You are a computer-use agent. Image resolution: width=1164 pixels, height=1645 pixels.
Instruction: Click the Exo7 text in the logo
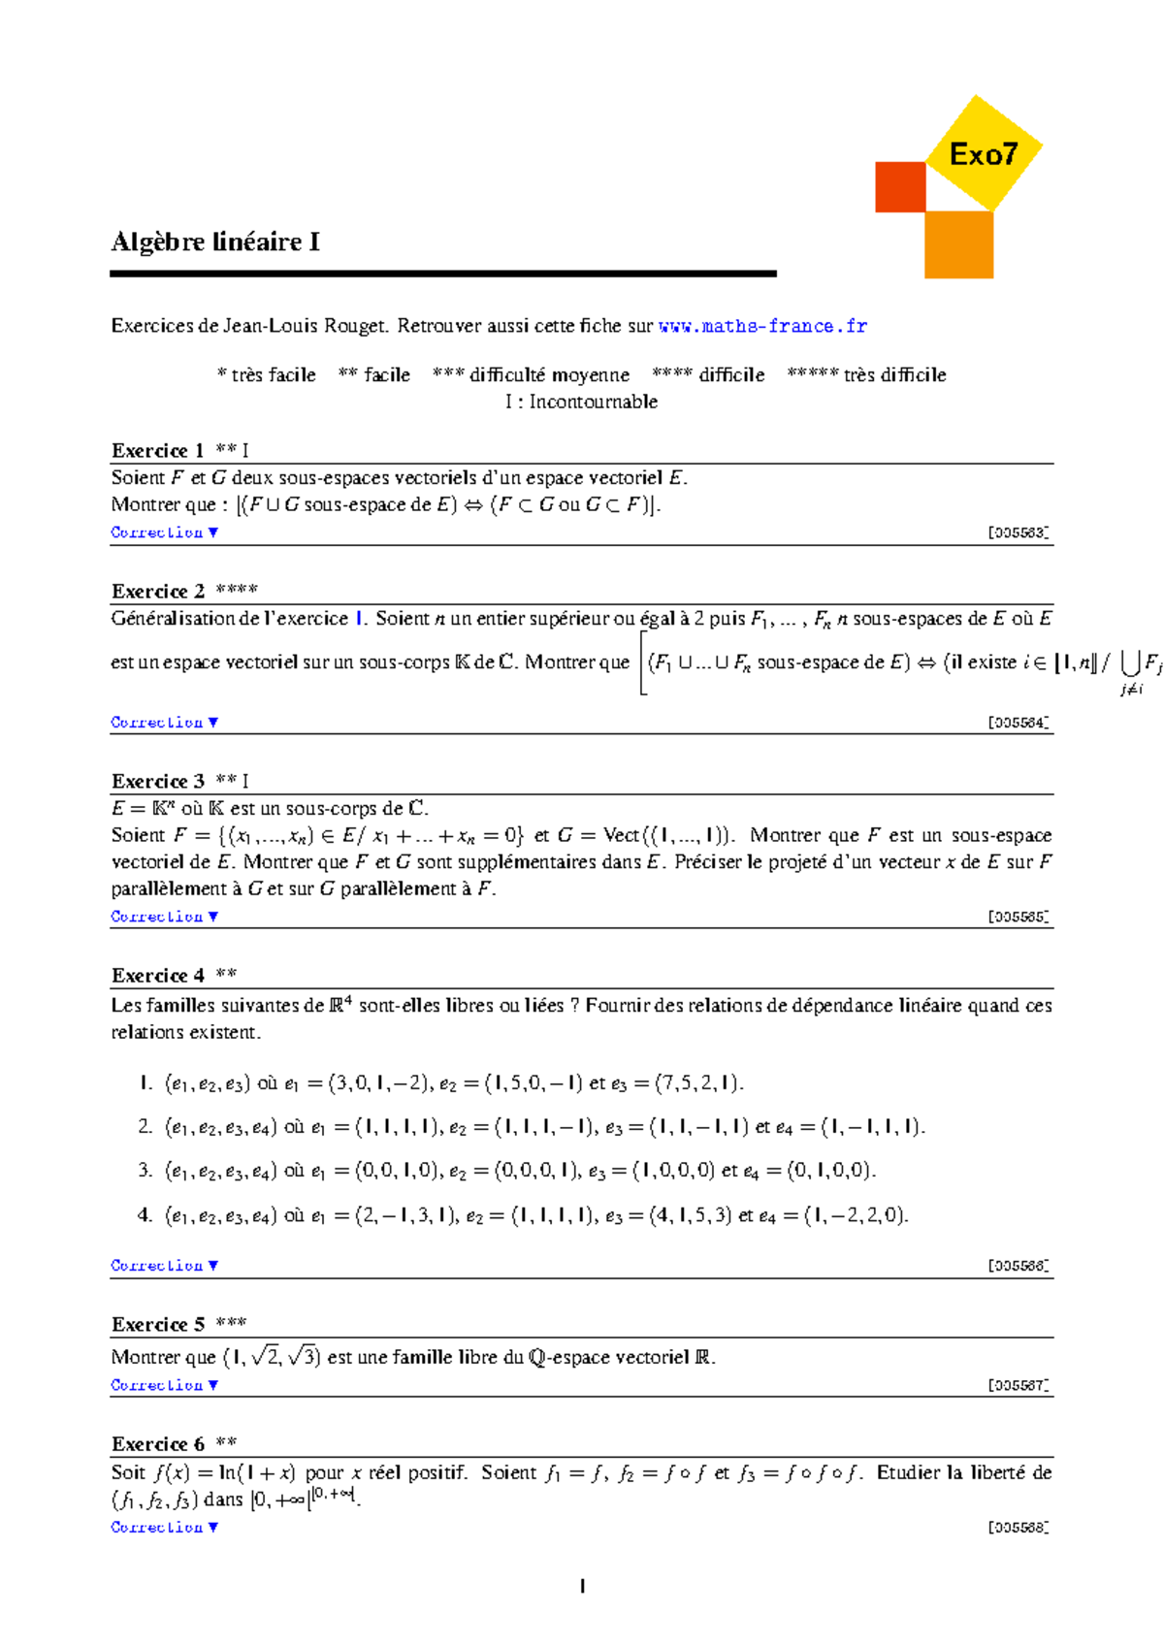pyautogui.click(x=983, y=154)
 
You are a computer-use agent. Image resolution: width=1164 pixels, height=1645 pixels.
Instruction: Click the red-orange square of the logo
pyautogui.click(x=899, y=186)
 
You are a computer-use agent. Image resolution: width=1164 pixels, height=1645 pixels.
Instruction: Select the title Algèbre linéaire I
pyautogui.click(x=215, y=242)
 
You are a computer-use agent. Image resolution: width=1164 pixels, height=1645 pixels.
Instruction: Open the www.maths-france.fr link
pyautogui.click(x=762, y=326)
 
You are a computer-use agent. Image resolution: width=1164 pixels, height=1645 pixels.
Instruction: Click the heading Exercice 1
pyautogui.click(x=157, y=450)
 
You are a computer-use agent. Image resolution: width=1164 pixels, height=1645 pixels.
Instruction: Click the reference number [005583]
pyautogui.click(x=1018, y=532)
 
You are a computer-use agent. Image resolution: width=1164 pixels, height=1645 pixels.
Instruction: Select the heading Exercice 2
pyautogui.click(x=157, y=591)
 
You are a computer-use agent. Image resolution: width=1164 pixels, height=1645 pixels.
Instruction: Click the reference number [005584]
pyautogui.click(x=1018, y=723)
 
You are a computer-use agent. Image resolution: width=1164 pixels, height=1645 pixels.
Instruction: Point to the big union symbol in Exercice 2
pyautogui.click(x=1129, y=662)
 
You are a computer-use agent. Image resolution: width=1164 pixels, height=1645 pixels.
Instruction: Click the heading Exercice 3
pyautogui.click(x=157, y=781)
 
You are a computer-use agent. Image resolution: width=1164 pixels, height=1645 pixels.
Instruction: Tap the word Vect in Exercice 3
pyautogui.click(x=621, y=835)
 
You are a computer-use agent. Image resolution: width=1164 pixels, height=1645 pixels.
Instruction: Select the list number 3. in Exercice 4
pyautogui.click(x=145, y=1170)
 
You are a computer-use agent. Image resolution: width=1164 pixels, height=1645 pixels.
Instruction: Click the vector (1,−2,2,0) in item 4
pyautogui.click(x=856, y=1215)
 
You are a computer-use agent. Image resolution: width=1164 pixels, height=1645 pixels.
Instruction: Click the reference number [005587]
pyautogui.click(x=1018, y=1385)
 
